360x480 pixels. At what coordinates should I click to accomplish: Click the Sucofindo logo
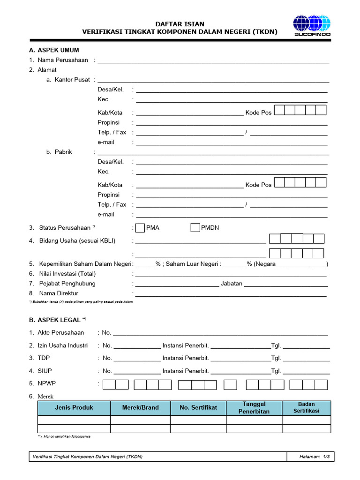(x=312, y=25)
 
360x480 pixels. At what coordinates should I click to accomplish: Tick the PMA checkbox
(x=140, y=228)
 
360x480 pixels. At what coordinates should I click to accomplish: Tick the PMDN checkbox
(x=195, y=228)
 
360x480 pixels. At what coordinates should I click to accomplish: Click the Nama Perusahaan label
(x=63, y=60)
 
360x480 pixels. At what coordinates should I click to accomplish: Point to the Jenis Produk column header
(x=74, y=407)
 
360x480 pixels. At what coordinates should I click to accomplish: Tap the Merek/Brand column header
(x=140, y=407)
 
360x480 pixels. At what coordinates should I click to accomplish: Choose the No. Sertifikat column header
(x=198, y=407)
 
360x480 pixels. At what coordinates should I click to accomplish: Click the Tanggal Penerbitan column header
(x=254, y=407)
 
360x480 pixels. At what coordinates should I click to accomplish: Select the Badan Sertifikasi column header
(x=306, y=407)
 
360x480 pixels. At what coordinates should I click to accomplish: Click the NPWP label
(x=47, y=383)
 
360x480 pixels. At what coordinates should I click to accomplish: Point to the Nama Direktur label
(x=59, y=293)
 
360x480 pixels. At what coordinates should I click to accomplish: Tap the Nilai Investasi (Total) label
(x=67, y=274)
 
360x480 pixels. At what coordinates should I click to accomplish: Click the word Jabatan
(x=232, y=284)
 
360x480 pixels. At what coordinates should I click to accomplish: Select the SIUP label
(x=45, y=371)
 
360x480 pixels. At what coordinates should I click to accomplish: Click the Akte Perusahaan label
(x=60, y=332)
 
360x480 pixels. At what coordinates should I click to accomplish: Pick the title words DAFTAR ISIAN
(x=180, y=24)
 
